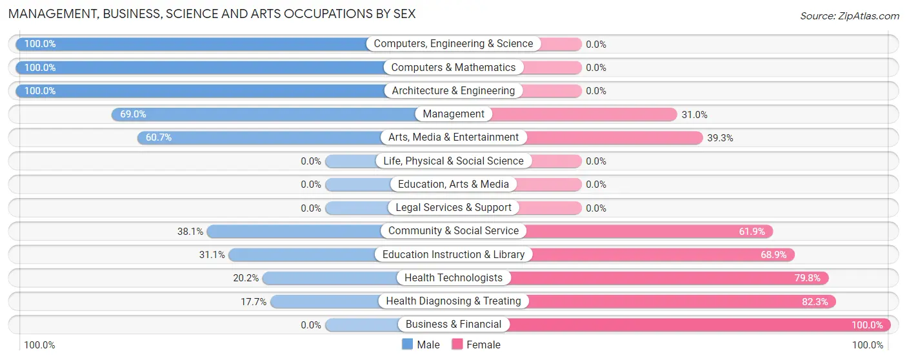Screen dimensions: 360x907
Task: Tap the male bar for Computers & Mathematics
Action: (200, 68)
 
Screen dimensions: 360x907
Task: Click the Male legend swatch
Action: (407, 345)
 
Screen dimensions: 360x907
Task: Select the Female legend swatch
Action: (457, 345)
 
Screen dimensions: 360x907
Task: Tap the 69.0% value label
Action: (133, 114)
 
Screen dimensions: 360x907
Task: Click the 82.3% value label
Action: (815, 301)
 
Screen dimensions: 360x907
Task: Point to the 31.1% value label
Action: (212, 255)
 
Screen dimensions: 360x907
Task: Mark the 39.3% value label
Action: (720, 138)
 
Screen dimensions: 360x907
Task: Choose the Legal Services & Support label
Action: (454, 208)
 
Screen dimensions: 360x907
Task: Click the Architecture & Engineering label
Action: (454, 91)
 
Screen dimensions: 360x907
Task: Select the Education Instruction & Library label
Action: (454, 254)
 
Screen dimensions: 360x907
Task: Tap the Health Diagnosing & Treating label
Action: (454, 301)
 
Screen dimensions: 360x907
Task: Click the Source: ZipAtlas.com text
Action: (849, 16)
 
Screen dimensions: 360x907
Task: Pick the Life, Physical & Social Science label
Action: (454, 161)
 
